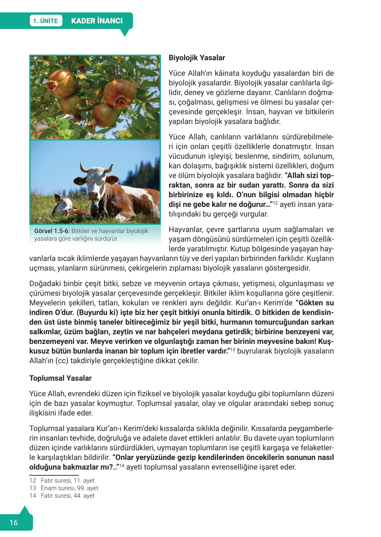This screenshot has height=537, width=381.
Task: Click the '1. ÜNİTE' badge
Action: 45,21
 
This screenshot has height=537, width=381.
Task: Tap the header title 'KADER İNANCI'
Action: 97,21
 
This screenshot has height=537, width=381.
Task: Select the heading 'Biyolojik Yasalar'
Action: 197,58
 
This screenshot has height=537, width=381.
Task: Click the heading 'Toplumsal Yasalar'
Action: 60,378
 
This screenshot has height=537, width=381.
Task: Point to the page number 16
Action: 13,523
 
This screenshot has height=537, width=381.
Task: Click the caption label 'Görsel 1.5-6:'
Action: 52,231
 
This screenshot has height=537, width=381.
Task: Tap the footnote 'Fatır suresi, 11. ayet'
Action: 68,480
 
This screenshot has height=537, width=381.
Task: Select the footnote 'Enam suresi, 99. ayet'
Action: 69,488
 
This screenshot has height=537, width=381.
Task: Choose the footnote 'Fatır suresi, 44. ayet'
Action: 68,495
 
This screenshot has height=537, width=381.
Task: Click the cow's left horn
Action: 84,168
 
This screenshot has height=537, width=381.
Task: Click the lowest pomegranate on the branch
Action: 103,115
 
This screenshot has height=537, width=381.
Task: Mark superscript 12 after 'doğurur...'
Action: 275,203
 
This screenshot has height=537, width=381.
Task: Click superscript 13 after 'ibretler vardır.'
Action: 233,349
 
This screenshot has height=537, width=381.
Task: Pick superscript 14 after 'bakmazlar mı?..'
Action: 122,465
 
